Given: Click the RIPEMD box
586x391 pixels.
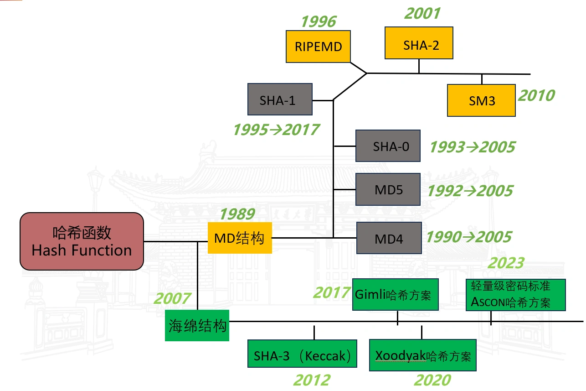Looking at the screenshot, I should (318, 47).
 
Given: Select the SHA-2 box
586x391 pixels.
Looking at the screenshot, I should (419, 43).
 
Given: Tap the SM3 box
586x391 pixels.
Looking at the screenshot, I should (481, 100).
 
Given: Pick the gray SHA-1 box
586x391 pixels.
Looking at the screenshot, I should (280, 99).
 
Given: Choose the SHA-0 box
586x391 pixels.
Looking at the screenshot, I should (388, 146).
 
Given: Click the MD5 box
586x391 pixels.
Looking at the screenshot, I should (388, 189).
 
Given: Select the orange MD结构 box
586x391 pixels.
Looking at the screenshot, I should (240, 238).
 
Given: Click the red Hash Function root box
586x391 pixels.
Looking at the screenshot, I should (82, 241).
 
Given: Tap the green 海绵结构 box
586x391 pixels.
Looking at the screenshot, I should (197, 326).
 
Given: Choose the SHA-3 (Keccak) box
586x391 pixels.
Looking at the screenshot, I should (302, 354).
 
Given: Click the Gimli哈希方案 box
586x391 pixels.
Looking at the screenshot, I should (396, 295).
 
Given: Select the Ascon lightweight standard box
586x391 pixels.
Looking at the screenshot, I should (515, 295).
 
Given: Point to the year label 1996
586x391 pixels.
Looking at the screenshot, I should (319, 21).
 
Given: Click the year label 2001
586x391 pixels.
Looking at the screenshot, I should (422, 13).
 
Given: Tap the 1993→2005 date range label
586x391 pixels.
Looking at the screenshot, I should (473, 147).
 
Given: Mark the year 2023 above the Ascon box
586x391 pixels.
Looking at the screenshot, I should (506, 263).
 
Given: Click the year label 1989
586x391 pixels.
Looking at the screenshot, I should (237, 214).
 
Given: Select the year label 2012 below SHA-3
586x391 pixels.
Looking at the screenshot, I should (312, 380).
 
